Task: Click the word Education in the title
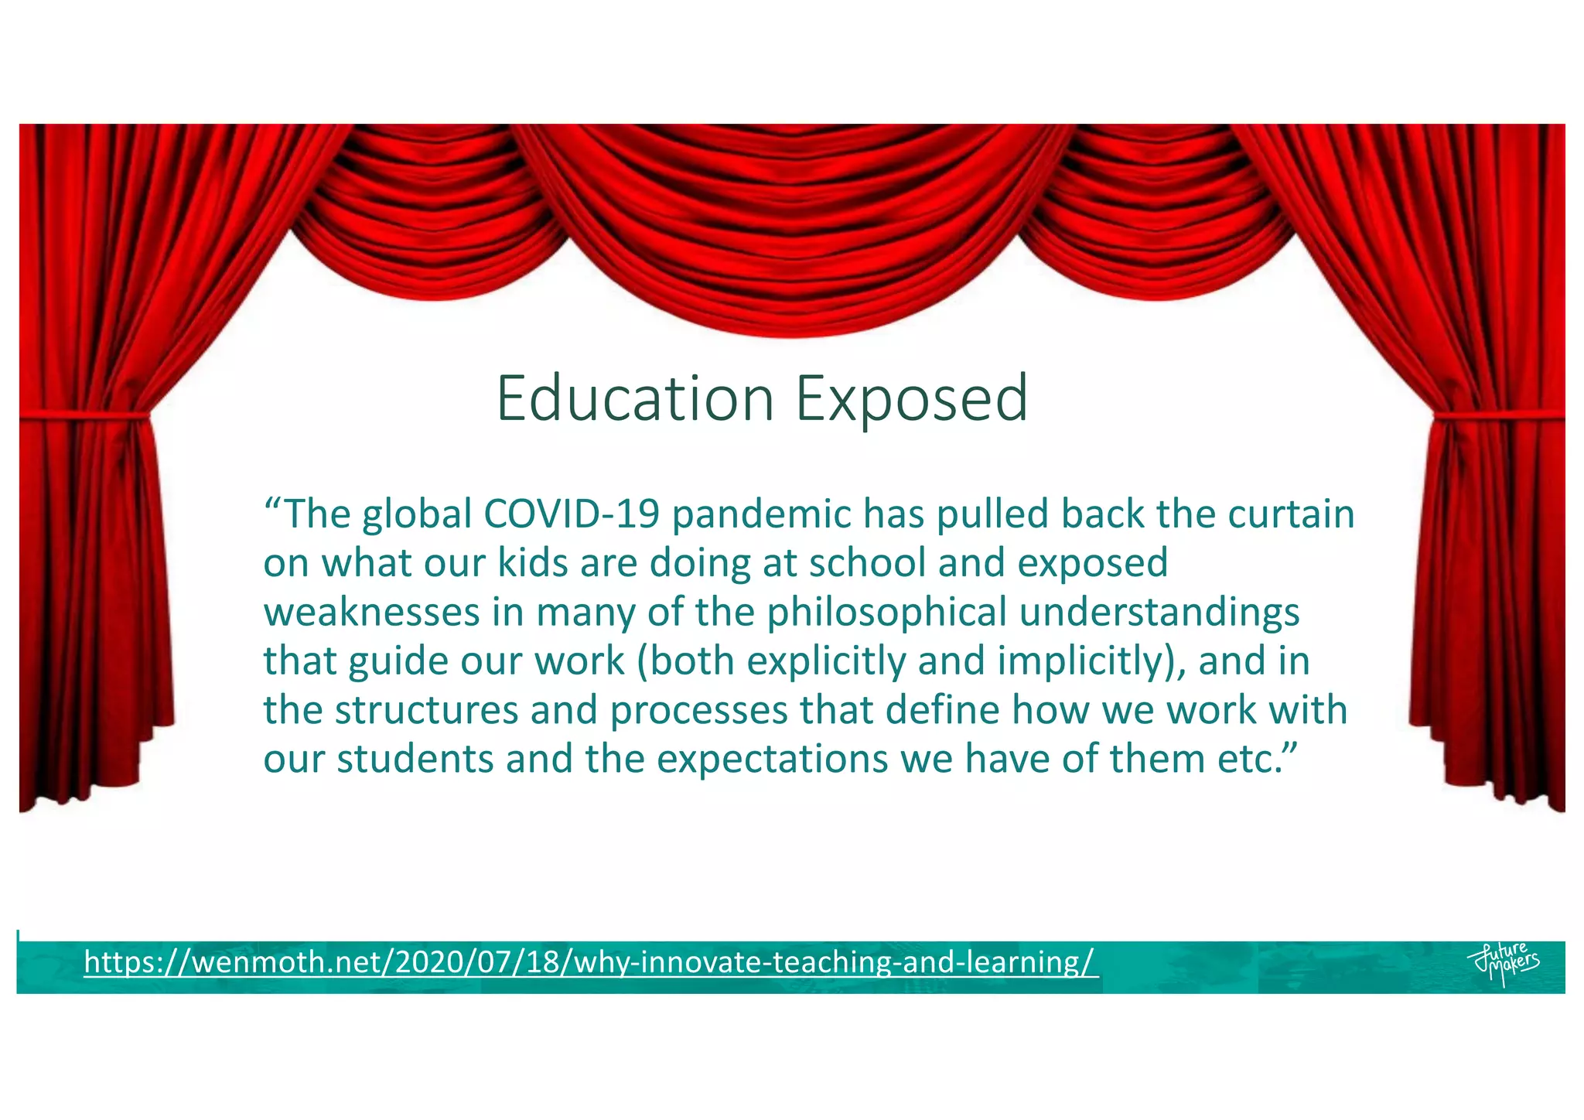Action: [634, 398]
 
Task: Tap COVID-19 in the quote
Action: [572, 514]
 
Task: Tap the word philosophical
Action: [886, 613]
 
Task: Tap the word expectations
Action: [772, 760]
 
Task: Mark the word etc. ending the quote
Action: [1246, 760]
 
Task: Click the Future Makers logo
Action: [1504, 963]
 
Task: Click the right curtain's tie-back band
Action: [1497, 418]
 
